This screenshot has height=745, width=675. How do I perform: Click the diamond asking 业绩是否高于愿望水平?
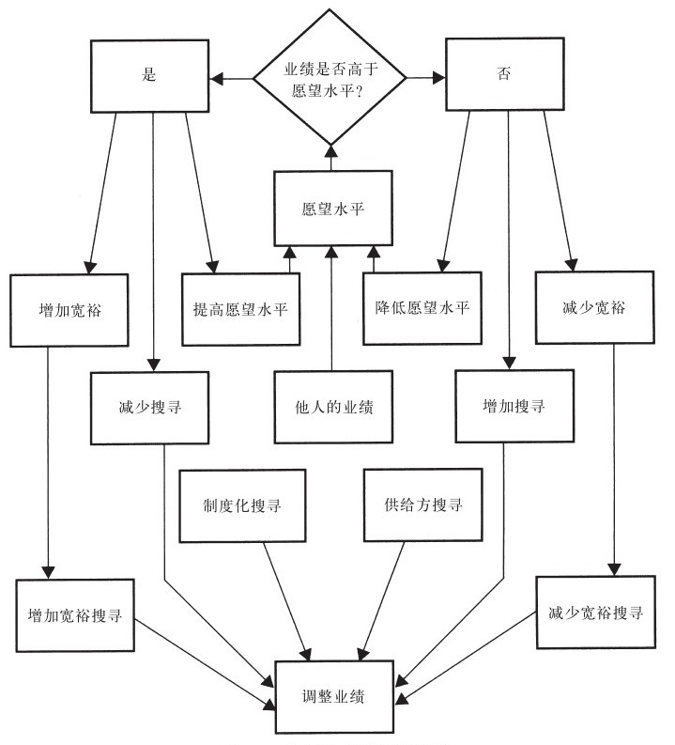(x=330, y=77)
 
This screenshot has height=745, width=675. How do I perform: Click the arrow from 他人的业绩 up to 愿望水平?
(x=331, y=308)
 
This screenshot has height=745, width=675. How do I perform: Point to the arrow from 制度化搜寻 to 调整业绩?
(x=286, y=601)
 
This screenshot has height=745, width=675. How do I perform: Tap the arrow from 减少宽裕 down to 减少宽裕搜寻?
(x=614, y=460)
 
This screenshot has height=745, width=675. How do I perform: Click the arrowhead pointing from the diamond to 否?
(x=439, y=77)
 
